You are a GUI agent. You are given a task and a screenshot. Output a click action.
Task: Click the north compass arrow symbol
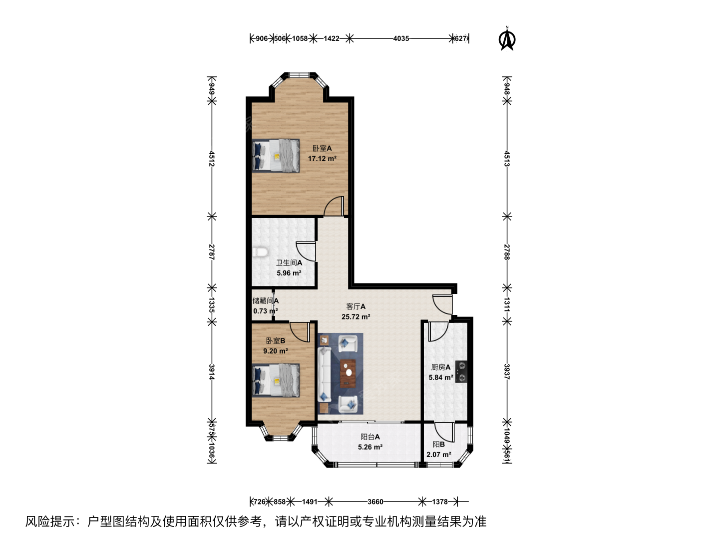pos(507,39)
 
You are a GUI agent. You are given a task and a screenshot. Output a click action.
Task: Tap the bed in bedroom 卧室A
pos(276,155)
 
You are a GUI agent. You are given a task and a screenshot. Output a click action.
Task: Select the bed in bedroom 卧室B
pos(276,380)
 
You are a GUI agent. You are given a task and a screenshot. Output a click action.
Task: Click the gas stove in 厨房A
pos(461,372)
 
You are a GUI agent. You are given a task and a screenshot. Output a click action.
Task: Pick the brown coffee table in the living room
pos(348,373)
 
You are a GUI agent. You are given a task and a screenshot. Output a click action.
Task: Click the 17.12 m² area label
pos(322,158)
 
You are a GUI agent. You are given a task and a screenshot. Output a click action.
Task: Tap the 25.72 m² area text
pos(356,316)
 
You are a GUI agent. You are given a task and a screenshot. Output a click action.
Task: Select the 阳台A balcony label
pos(370,436)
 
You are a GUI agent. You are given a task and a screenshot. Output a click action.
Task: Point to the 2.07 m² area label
pos(438,455)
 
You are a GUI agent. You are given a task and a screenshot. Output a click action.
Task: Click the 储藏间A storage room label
pos(265,300)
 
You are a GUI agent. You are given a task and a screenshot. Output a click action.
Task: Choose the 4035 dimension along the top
pos(401,38)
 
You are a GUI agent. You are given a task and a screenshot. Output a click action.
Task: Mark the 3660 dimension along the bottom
pos(375,501)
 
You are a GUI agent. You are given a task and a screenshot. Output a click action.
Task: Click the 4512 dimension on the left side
pos(212,158)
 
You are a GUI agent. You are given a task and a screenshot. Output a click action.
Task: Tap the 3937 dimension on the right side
pos(507,372)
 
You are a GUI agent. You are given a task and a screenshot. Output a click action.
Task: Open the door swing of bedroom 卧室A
pos(334,206)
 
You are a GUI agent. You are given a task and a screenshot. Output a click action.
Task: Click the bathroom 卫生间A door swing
pos(306,251)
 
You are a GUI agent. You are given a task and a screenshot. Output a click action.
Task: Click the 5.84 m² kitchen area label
pos(441,377)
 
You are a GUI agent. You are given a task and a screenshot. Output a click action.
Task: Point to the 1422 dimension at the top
pos(331,38)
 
